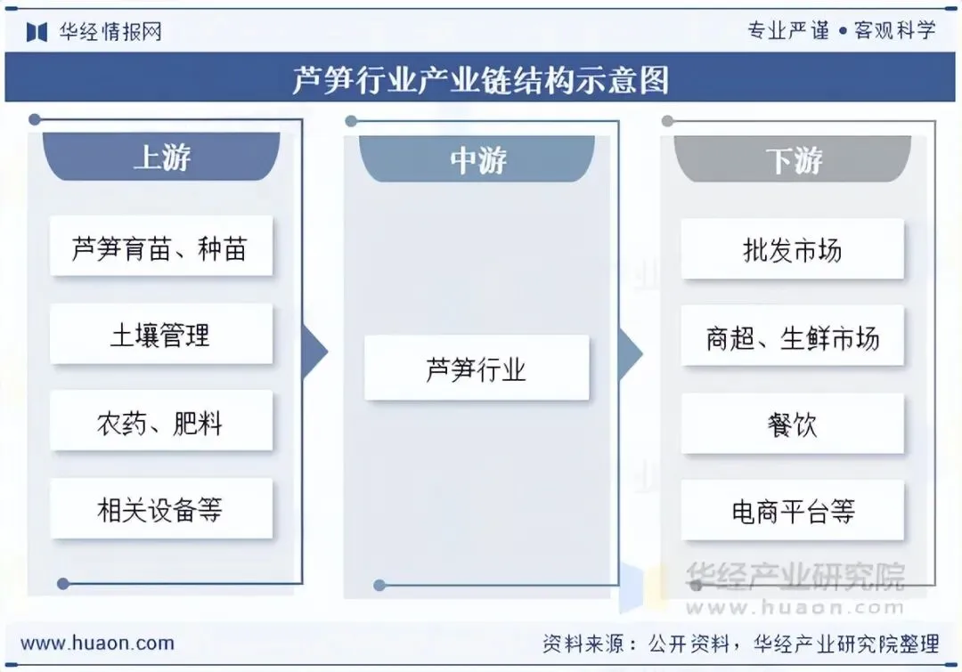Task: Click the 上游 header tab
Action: pyautogui.click(x=161, y=158)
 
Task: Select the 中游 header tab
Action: pyautogui.click(x=477, y=160)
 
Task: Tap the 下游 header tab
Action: pyautogui.click(x=793, y=160)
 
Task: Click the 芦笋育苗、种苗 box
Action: pyautogui.click(x=160, y=247)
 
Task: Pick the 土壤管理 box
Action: pyautogui.click(x=160, y=335)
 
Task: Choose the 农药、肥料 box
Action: pyautogui.click(x=160, y=422)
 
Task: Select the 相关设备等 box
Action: pyautogui.click(x=160, y=509)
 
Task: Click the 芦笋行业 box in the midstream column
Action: pyautogui.click(x=477, y=368)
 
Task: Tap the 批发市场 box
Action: pyautogui.click(x=792, y=250)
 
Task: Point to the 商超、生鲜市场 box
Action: pyautogui.click(x=792, y=337)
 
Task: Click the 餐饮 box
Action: pyautogui.click(x=792, y=425)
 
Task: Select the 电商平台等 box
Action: pyautogui.click(x=792, y=512)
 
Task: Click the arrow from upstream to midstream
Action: pyautogui.click(x=314, y=352)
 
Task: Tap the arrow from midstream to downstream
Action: pyautogui.click(x=630, y=353)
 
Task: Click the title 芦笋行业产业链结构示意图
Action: pyautogui.click(x=481, y=80)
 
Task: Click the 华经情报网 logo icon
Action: pyautogui.click(x=37, y=32)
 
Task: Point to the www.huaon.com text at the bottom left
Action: pyautogui.click(x=97, y=643)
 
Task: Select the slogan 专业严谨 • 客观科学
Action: pyautogui.click(x=841, y=30)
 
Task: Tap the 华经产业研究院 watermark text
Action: pyautogui.click(x=794, y=576)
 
